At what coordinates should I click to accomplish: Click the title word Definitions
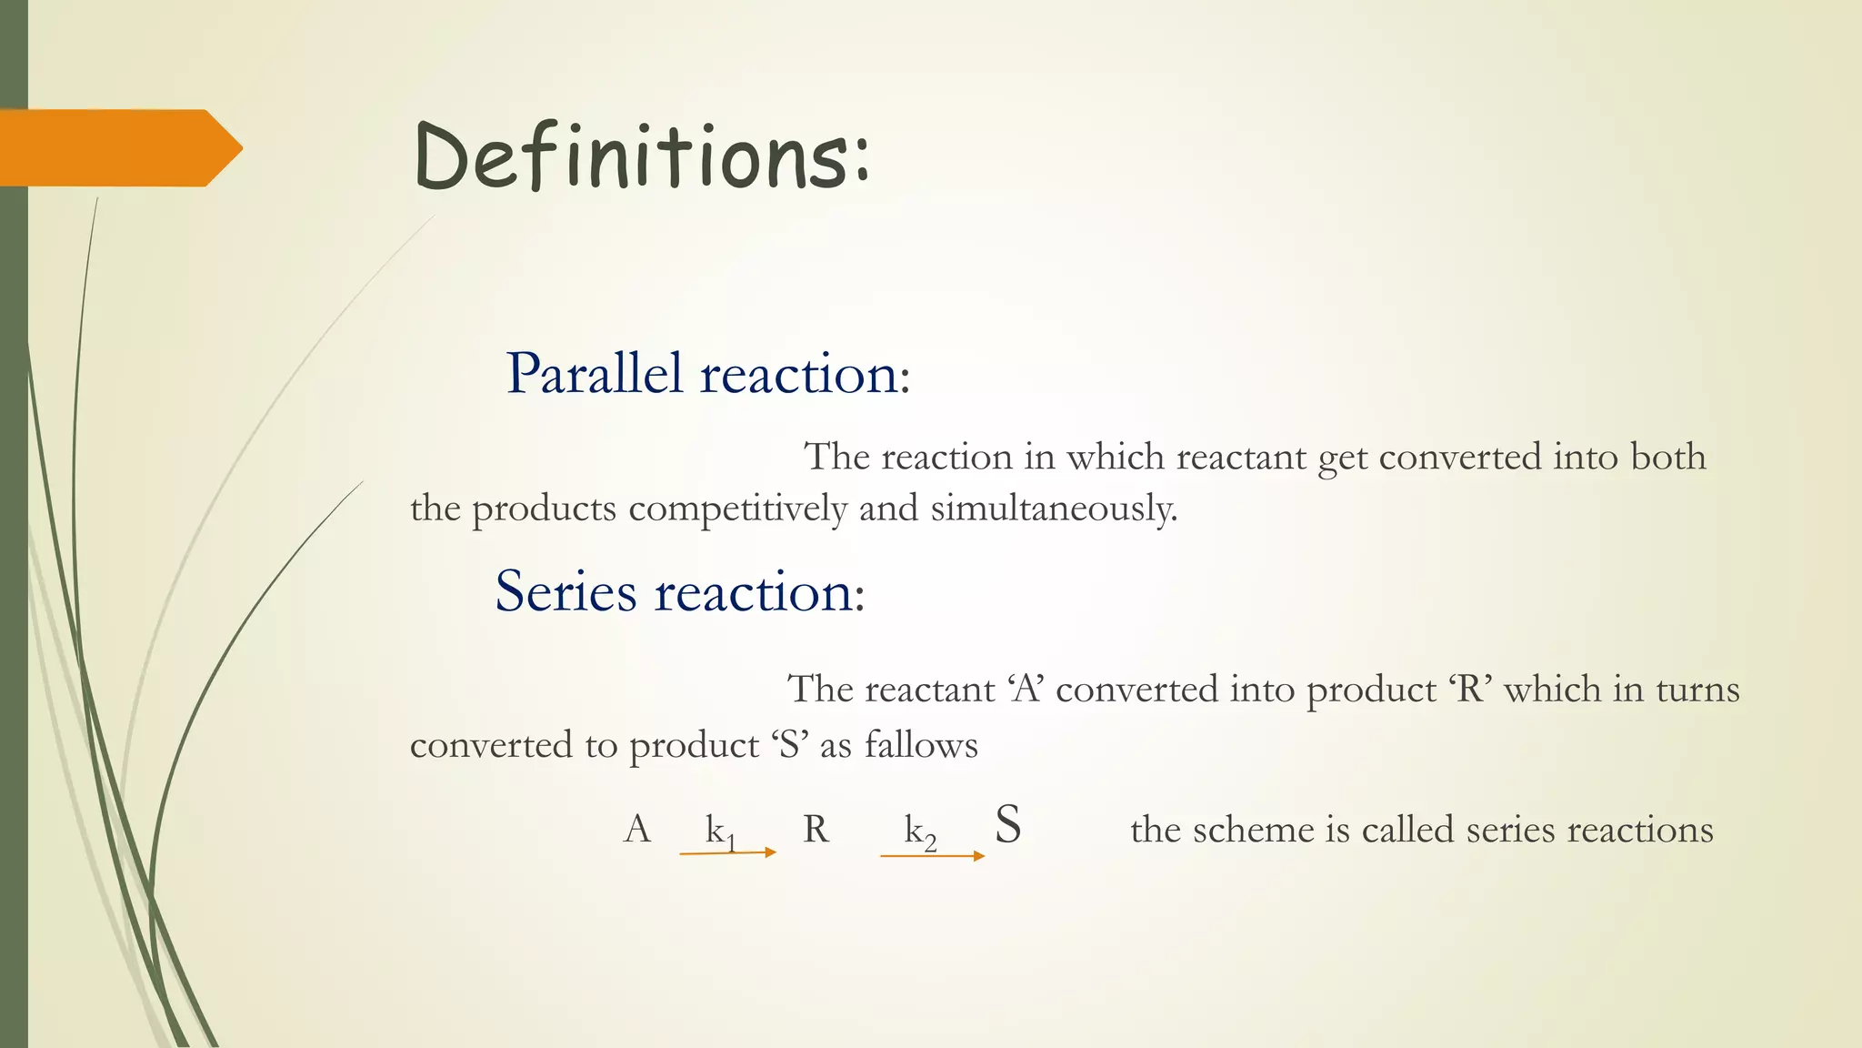(641, 156)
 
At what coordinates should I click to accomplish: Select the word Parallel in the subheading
(594, 373)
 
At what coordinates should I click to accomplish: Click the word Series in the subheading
(566, 592)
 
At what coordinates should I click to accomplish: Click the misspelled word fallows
(921, 745)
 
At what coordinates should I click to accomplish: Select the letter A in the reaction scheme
(637, 830)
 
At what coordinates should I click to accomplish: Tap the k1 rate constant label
(720, 831)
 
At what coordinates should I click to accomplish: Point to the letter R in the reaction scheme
(816, 830)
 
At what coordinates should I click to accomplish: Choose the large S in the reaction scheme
(1007, 825)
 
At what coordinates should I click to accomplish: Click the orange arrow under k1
(727, 852)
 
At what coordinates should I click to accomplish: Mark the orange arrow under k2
(932, 856)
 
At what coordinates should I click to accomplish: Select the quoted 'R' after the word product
(1470, 690)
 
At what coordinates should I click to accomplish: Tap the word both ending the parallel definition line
(1667, 457)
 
